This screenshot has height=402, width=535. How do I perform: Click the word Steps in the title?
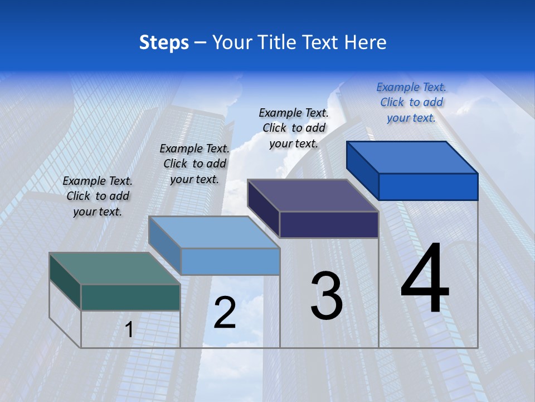[164, 42]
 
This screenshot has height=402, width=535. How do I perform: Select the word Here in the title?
[366, 42]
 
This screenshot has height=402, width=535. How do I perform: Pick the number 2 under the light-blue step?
[225, 313]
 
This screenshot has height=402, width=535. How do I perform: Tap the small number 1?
[129, 329]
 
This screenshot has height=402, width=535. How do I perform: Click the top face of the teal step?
[115, 269]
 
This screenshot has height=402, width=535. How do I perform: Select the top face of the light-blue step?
[214, 232]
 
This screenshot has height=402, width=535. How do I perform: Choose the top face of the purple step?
[313, 195]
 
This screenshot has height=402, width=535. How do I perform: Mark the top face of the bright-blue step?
[412, 157]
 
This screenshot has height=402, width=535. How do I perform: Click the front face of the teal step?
[130, 297]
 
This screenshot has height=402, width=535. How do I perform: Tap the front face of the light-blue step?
[230, 261]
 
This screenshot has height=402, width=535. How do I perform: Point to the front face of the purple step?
[329, 224]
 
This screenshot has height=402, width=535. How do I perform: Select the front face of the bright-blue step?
[428, 186]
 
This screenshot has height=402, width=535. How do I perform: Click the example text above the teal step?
[98, 196]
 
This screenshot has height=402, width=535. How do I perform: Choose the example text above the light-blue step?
[194, 164]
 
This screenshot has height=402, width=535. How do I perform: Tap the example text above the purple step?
[294, 128]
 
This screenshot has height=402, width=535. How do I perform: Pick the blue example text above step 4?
[411, 102]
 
